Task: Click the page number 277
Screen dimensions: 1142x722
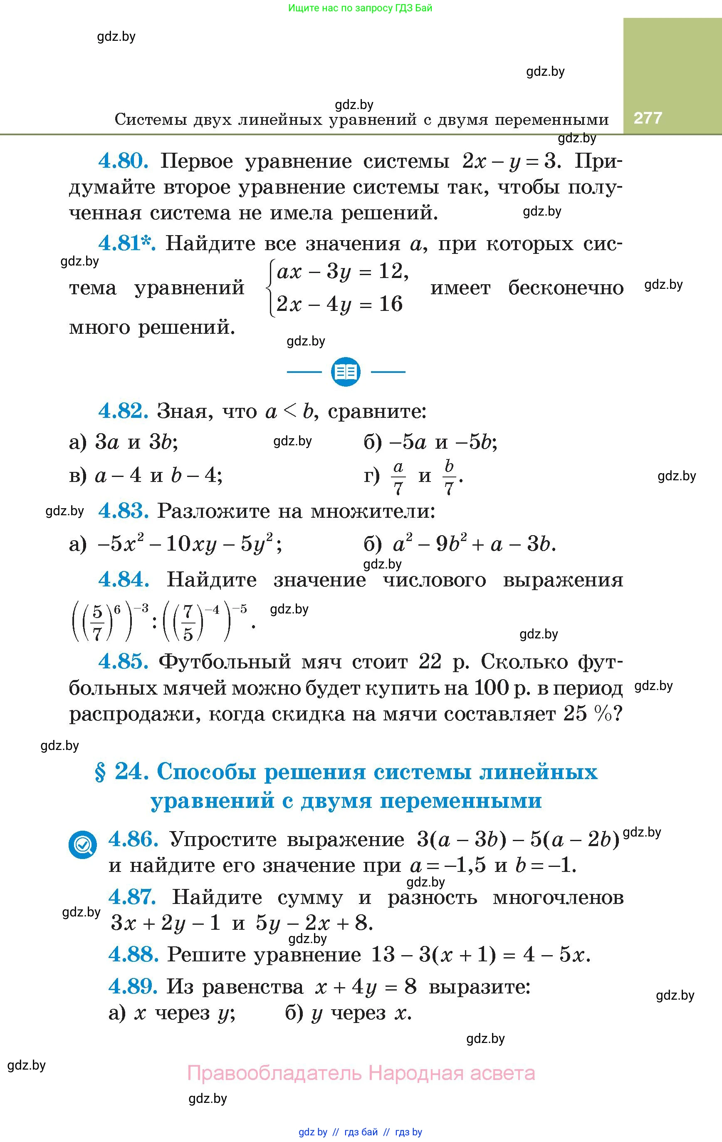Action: click(648, 118)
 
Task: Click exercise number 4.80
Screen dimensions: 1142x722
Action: click(123, 161)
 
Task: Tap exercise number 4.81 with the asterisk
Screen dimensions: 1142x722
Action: click(126, 243)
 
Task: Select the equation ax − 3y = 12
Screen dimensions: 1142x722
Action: click(342, 272)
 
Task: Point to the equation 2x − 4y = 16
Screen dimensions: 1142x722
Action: click(339, 304)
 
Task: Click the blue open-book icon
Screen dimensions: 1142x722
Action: click(346, 371)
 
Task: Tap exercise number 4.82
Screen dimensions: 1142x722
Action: click(123, 411)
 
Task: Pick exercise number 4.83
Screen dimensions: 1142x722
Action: click(123, 511)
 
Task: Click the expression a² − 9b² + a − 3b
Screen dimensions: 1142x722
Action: click(474, 544)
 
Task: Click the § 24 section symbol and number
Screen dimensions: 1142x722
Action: click(122, 772)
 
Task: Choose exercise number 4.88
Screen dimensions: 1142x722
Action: click(133, 954)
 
